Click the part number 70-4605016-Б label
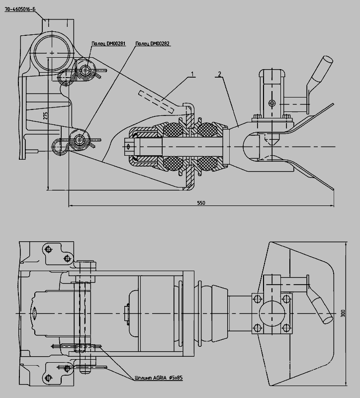[20, 9]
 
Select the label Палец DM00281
[108, 44]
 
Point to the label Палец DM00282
[152, 44]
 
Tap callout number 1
[192, 74]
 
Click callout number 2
[219, 74]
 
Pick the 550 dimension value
[201, 203]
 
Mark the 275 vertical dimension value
[46, 115]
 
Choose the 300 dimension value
[343, 313]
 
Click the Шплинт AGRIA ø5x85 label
[159, 378]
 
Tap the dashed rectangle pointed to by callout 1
[156, 102]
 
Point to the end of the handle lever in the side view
[328, 60]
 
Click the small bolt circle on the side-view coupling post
[272, 103]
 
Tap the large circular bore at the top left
[52, 53]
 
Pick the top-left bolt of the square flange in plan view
[258, 298]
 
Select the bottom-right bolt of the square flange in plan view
[286, 327]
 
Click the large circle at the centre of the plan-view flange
[271, 313]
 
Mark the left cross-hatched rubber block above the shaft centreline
[173, 129]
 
